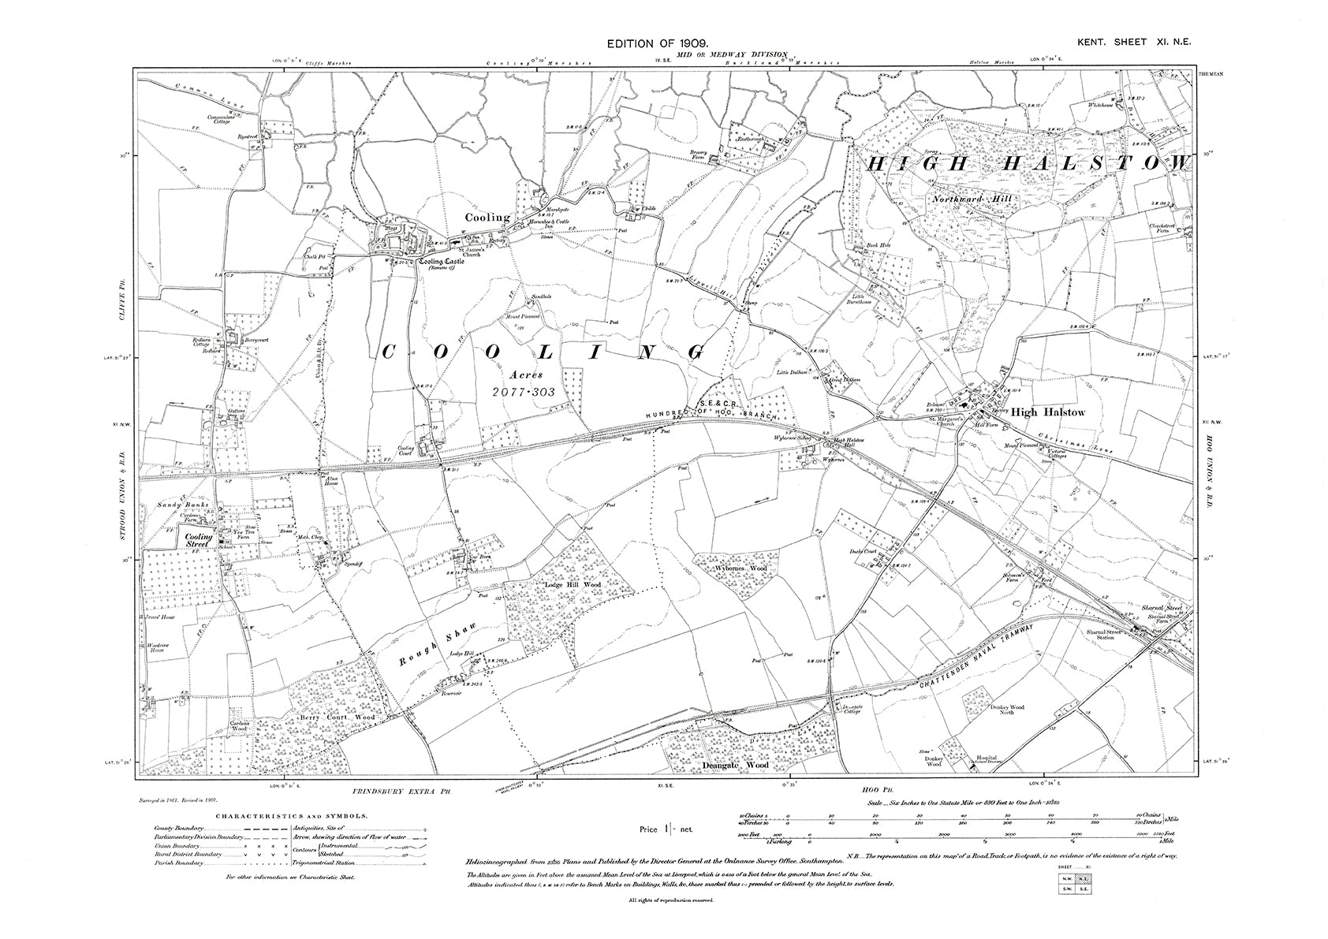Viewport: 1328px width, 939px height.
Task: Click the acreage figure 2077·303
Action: pyautogui.click(x=524, y=391)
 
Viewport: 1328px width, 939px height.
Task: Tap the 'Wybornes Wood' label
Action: pyautogui.click(x=740, y=568)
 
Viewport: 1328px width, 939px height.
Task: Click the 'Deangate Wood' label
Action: pyautogui.click(x=735, y=764)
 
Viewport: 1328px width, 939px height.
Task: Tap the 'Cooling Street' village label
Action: pyautogui.click(x=199, y=541)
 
